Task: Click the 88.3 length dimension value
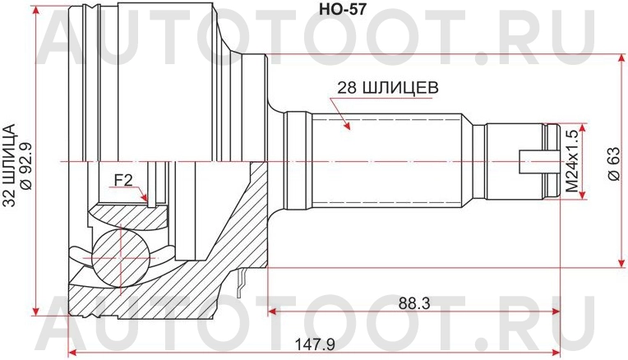point(414,302)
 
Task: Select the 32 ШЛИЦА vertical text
point(9,160)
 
